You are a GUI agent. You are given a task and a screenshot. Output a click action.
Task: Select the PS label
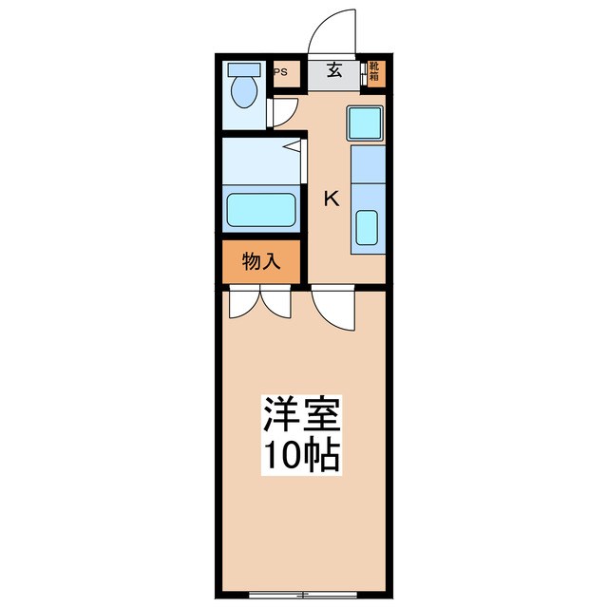coord(281,71)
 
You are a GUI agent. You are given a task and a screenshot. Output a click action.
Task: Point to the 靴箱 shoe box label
coord(375,71)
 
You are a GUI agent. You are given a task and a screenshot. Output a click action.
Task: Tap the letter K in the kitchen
coord(331,199)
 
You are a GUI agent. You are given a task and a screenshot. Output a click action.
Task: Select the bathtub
coord(260,208)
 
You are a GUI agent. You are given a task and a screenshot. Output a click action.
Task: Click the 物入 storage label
coord(261,261)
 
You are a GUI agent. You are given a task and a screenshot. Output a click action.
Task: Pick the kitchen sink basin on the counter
coord(366,229)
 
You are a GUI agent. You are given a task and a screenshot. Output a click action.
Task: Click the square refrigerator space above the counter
coord(364,123)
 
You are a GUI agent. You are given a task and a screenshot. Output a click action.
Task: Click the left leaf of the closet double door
coord(244,301)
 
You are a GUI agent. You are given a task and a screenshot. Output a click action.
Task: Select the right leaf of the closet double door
coord(276,301)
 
